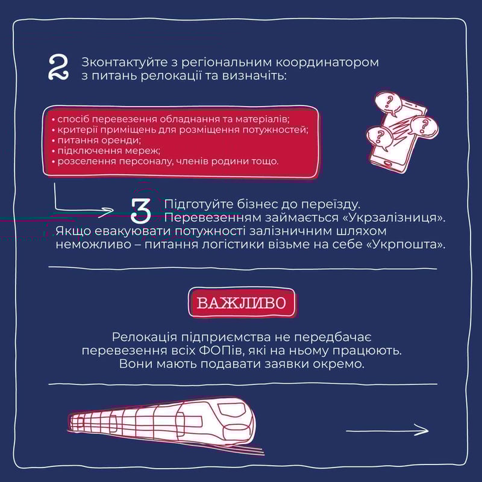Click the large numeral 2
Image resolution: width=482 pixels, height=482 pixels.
(58, 67)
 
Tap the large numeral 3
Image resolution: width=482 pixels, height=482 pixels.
(141, 210)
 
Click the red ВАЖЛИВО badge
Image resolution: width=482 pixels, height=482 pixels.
(242, 302)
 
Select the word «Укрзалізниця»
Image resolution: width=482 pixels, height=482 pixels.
(394, 218)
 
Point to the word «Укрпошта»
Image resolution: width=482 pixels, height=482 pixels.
(406, 245)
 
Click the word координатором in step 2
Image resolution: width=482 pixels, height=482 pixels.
(327, 63)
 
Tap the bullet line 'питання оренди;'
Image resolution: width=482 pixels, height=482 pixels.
(96, 140)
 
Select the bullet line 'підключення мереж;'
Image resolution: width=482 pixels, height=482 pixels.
(106, 151)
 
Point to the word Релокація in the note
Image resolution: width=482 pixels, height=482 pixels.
(145, 337)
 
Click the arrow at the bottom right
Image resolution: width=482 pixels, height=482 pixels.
(387, 430)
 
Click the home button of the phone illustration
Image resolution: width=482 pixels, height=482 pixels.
(388, 163)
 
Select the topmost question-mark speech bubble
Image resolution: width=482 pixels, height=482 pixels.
(389, 104)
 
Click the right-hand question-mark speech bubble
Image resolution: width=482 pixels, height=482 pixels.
(424, 126)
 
